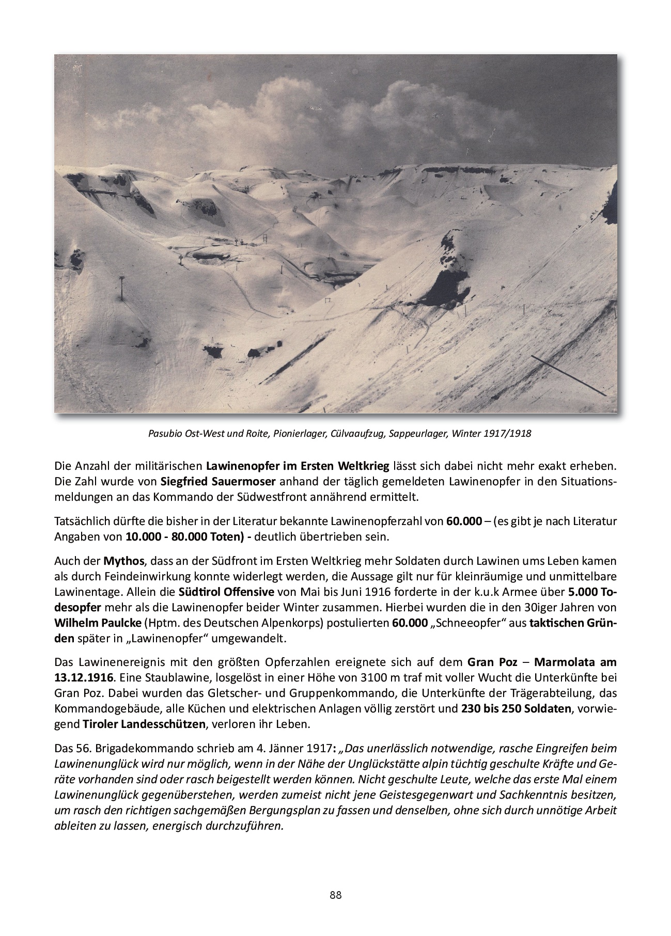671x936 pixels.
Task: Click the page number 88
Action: point(335,895)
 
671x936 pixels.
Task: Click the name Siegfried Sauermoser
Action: point(219,482)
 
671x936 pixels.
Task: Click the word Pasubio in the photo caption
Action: point(163,434)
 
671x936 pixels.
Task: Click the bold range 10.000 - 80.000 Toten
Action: point(186,536)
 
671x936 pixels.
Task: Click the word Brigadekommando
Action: point(132,748)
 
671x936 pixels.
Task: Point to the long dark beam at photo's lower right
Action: point(569,375)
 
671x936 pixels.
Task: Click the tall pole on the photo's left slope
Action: point(122,289)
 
